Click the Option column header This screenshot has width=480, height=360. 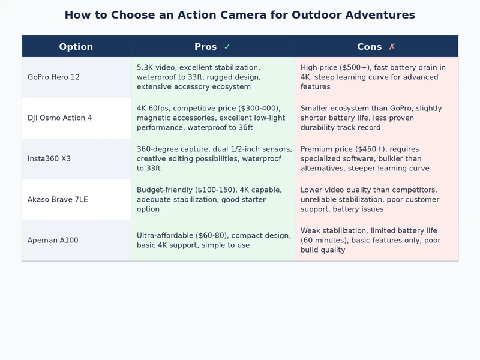tap(76, 47)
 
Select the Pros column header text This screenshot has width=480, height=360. tap(205, 47)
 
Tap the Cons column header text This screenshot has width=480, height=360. tap(369, 47)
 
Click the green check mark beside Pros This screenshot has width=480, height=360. tap(227, 47)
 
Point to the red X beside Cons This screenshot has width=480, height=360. tap(392, 47)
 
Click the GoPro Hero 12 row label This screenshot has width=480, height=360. tap(53, 77)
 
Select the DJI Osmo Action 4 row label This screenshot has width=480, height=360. tap(60, 118)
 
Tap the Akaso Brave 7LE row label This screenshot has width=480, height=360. tap(58, 200)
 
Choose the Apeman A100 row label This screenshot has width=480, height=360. tap(53, 241)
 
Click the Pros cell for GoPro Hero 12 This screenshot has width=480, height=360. tap(212, 77)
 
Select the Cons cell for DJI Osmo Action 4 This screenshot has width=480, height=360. tap(376, 118)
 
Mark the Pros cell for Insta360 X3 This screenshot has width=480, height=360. tap(212, 159)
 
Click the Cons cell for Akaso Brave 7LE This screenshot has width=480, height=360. tap(376, 200)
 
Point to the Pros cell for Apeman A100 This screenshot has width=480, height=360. tap(212, 241)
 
